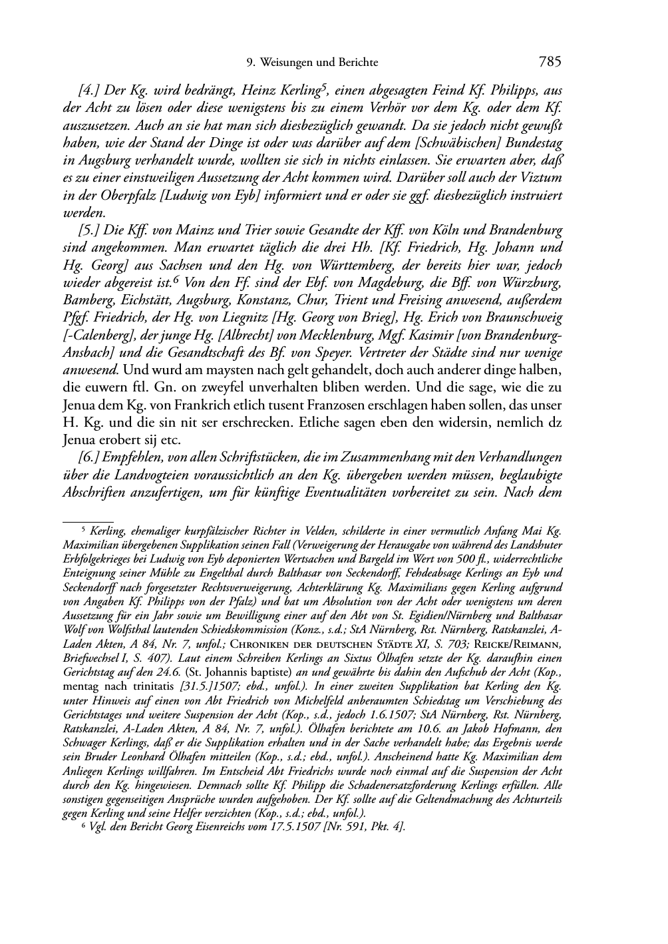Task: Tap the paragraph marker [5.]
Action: point(89,231)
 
